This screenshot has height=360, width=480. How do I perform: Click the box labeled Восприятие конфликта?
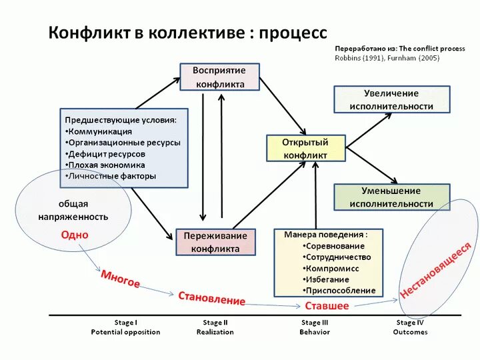pos(219,77)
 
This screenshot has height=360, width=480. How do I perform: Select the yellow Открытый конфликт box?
pos(306,148)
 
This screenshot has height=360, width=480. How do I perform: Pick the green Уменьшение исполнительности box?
pos(391,197)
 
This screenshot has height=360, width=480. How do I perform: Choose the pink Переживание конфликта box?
pos(215,242)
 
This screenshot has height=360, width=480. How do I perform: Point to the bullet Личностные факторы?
pos(113,176)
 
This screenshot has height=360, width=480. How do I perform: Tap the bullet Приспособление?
pos(341,291)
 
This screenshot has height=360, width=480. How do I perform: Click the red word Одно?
pos(75,235)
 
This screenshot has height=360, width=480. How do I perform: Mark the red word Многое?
pos(120,279)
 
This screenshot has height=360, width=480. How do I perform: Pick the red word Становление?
pos(211,298)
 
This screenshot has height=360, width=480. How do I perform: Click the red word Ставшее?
pos(327,306)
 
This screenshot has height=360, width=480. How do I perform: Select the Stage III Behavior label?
pos(315,327)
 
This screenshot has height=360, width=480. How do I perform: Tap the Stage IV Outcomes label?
pos(410,327)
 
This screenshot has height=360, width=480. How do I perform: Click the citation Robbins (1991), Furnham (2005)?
pos(387,58)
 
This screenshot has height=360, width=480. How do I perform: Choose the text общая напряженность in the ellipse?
pos(73,210)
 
